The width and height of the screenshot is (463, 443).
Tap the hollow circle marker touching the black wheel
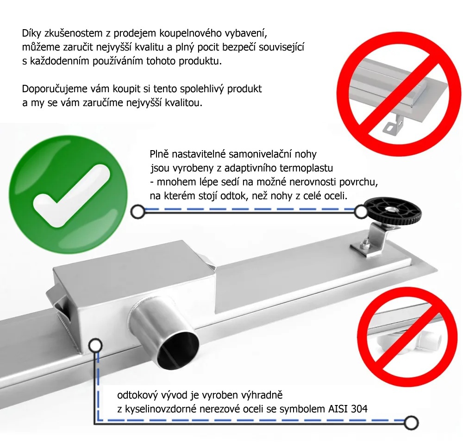(361, 212)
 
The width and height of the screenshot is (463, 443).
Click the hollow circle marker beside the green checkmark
(138, 212)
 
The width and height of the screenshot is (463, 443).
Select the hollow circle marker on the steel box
(95, 345)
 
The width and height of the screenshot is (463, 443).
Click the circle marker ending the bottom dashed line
(411, 422)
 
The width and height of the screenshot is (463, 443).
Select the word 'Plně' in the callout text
(159, 154)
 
